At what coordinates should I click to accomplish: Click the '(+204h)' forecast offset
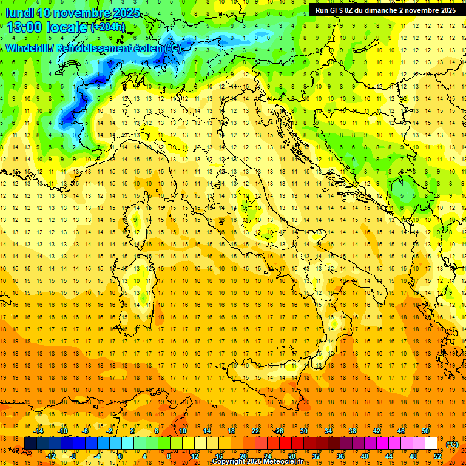click(107, 27)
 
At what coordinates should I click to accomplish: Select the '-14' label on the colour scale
click(41, 431)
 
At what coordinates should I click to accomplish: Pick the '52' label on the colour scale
click(438, 456)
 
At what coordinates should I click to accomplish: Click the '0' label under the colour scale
click(120, 456)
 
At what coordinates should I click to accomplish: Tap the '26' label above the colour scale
click(279, 431)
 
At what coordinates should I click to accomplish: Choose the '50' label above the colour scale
click(425, 431)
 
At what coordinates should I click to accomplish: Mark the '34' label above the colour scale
click(328, 431)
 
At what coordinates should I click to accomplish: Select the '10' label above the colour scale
click(182, 431)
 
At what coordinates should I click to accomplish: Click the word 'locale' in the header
click(67, 27)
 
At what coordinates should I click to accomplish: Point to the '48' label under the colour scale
click(413, 456)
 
